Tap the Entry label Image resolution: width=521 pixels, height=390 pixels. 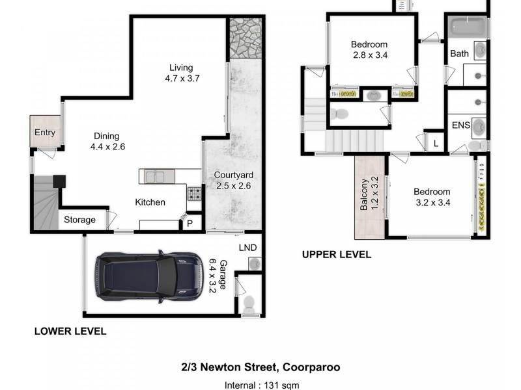(45, 133)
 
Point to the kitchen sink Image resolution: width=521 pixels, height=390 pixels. (155, 176)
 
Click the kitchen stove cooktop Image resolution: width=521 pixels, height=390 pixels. (194, 193)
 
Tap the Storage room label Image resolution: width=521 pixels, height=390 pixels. (79, 220)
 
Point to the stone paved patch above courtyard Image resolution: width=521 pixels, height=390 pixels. (246, 38)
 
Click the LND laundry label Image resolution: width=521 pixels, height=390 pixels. (247, 248)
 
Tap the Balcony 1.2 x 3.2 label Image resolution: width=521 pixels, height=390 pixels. (369, 194)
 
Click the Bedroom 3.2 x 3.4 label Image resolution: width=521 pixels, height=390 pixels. (432, 197)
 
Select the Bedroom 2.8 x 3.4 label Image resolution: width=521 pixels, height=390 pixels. (370, 50)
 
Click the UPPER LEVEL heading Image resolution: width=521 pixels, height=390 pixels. (336, 255)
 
